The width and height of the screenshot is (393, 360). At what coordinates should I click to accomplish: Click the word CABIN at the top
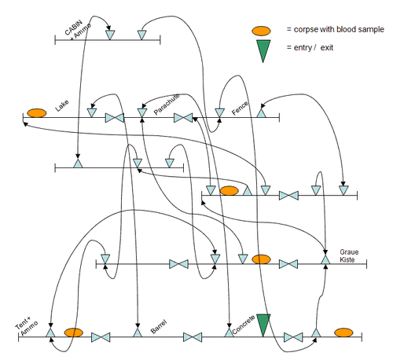tap(73, 28)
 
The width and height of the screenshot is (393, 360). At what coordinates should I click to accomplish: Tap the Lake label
tap(62, 105)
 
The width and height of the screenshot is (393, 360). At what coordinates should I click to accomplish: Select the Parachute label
tap(167, 104)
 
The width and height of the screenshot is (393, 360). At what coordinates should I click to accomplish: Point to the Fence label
tap(240, 108)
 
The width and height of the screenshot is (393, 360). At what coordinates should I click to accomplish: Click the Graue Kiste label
tap(349, 255)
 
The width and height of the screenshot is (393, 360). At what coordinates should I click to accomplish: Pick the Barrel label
tap(159, 327)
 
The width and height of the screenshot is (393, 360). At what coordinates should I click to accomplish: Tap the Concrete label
tap(244, 325)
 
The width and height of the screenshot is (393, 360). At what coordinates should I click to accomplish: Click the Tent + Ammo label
tap(27, 326)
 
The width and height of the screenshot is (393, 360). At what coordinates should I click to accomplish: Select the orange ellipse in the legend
tap(261, 31)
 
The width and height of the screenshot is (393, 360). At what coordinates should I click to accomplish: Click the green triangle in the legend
tap(263, 50)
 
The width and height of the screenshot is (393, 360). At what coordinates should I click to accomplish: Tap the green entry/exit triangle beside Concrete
tap(263, 324)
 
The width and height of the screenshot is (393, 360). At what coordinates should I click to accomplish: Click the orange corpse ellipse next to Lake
tap(37, 113)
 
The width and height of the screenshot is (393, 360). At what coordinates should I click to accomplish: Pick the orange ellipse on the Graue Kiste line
tap(261, 259)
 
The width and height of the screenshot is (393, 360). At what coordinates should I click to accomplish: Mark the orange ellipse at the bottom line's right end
tap(343, 332)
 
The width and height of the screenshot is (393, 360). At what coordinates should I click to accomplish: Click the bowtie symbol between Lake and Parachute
tap(115, 118)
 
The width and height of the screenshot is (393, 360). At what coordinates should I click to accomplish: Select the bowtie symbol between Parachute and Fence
tap(183, 118)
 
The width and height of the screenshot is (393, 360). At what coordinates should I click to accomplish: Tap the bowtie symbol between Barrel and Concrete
tap(193, 337)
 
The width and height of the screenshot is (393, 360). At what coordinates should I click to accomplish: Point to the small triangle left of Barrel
tap(138, 333)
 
